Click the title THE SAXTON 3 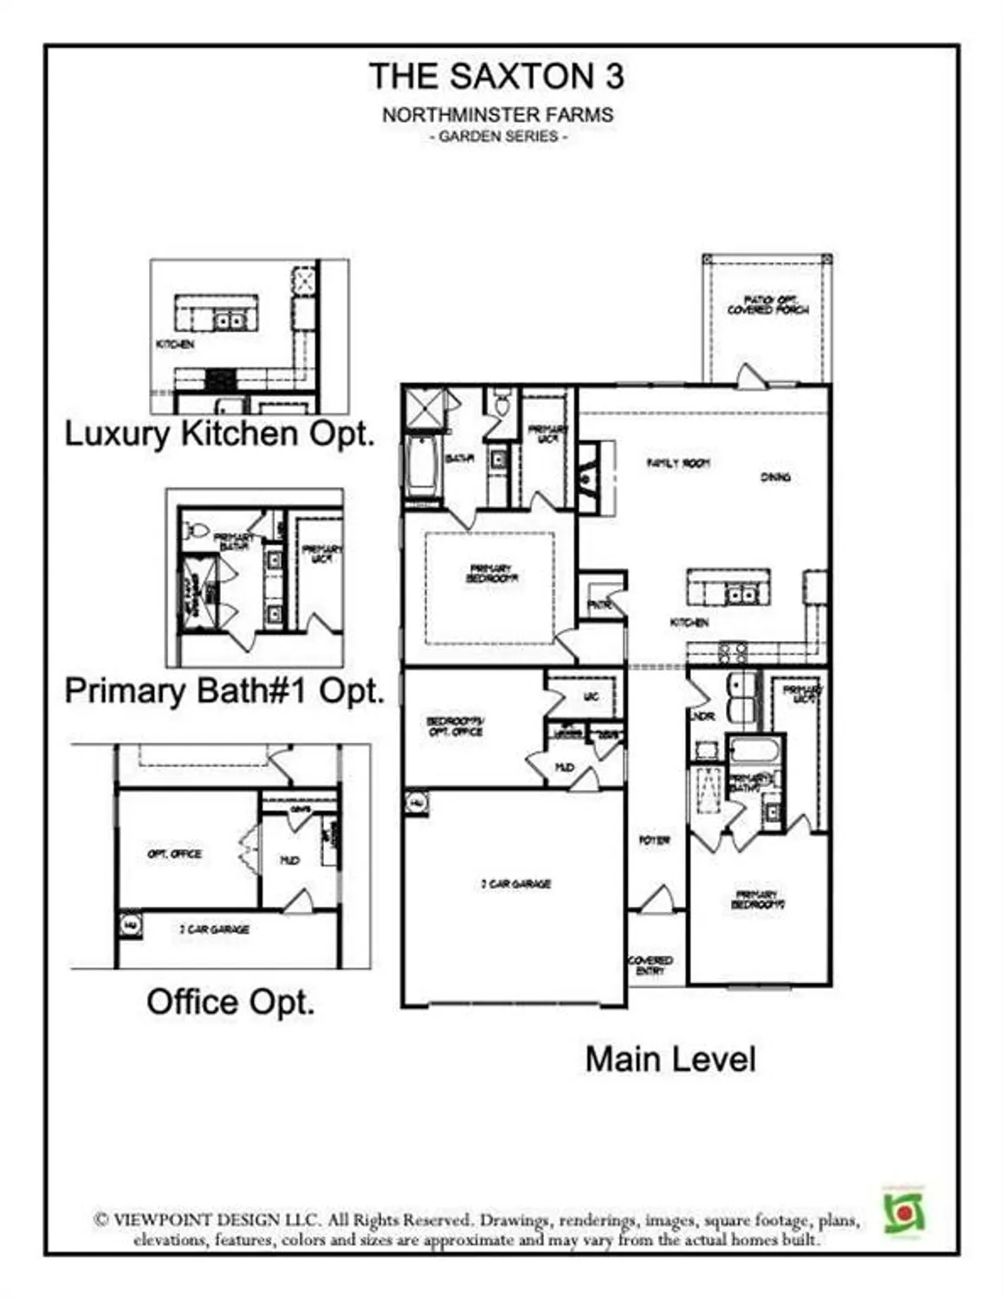495,76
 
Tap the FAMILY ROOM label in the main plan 678,463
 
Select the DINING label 775,477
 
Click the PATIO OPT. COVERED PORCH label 767,305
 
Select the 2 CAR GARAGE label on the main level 515,884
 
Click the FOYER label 654,840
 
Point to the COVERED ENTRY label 650,966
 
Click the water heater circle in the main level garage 417,802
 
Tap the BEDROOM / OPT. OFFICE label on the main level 456,726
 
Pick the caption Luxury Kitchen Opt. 220,433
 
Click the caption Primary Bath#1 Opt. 224,691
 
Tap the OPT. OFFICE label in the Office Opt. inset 174,854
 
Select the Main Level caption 670,1059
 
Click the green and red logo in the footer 904,1212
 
